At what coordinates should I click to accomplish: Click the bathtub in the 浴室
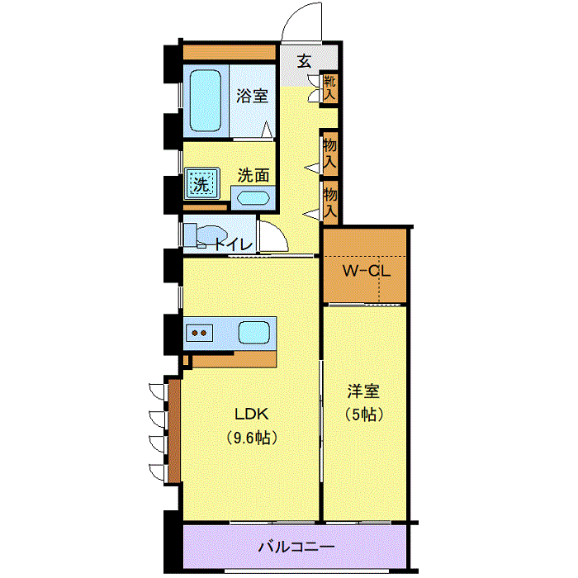(x=206, y=101)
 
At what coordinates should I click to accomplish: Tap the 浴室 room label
(x=252, y=96)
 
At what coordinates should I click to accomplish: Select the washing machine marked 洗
(x=201, y=183)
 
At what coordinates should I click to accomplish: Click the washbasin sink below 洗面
(x=253, y=198)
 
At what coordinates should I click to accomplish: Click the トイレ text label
(x=233, y=244)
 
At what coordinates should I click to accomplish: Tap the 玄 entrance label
(x=304, y=61)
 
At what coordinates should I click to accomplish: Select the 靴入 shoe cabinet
(x=329, y=88)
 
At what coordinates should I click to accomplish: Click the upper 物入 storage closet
(x=330, y=153)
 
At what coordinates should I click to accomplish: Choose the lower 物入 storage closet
(x=330, y=202)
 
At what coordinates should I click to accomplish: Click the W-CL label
(x=367, y=271)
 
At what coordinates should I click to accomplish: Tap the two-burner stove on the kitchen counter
(x=200, y=334)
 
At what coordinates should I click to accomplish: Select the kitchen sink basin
(x=254, y=333)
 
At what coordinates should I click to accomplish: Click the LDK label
(x=252, y=414)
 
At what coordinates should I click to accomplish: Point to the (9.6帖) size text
(x=252, y=438)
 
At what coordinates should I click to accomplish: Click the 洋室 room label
(x=363, y=391)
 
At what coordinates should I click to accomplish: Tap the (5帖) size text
(x=364, y=415)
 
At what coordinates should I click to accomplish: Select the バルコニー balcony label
(x=296, y=547)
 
